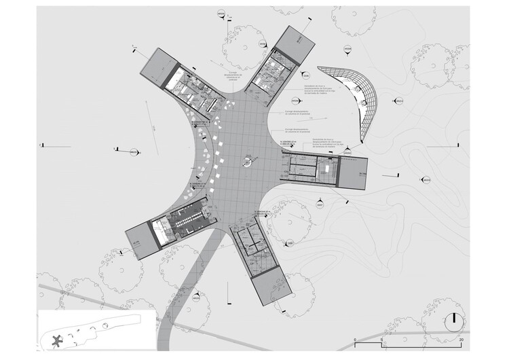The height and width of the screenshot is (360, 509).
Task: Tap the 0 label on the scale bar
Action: point(355,338)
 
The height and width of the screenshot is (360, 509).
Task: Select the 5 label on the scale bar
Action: point(382,338)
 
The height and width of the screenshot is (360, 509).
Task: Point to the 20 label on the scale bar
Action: point(461,338)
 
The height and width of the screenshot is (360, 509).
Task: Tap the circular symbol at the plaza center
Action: point(246,162)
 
